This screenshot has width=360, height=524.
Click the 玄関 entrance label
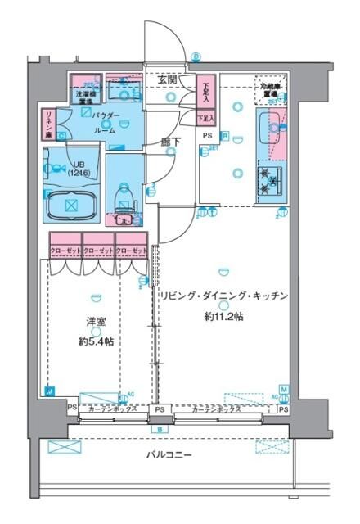169,80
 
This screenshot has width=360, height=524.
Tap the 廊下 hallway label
170,142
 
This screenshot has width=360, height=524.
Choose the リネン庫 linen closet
49,124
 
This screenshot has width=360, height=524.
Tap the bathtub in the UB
70,201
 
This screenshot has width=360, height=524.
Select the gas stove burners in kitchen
269,180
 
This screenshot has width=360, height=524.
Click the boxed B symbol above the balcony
160,429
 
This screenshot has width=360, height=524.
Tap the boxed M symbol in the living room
284,389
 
